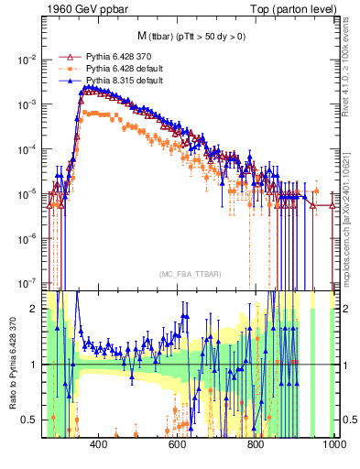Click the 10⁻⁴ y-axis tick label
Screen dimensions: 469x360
pyautogui.click(x=26, y=149)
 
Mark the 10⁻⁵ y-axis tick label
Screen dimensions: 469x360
pyautogui.click(x=26, y=194)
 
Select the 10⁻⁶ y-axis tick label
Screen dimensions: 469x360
pyautogui.click(x=26, y=238)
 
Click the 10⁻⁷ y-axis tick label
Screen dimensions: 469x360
pyautogui.click(x=26, y=283)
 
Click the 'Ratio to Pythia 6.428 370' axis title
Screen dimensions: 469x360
pyautogui.click(x=12, y=364)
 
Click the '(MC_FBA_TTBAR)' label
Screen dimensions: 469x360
pyautogui.click(x=189, y=275)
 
